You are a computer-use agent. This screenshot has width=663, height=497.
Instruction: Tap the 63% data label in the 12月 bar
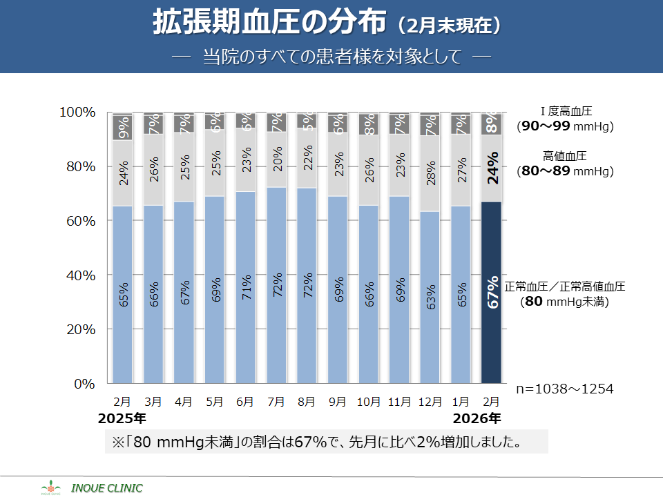tap(430, 296)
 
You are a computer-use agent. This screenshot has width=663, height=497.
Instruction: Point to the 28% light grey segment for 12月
tap(430, 173)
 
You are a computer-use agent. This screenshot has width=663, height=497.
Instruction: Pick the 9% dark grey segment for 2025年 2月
tap(122, 128)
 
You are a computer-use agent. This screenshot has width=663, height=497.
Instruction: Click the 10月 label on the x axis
tap(369, 401)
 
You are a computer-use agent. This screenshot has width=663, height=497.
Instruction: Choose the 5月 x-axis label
tap(215, 401)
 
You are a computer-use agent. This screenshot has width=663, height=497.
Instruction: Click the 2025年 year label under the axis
tap(122, 418)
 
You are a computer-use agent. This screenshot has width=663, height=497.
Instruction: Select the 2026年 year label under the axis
tap(477, 418)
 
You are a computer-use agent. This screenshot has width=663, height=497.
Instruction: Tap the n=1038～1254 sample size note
tap(565, 389)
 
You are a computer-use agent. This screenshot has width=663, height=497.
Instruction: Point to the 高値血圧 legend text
tap(565, 156)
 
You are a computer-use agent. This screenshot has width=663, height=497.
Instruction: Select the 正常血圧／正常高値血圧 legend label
tap(565, 286)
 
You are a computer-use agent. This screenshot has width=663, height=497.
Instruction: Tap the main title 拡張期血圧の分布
tap(269, 23)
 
